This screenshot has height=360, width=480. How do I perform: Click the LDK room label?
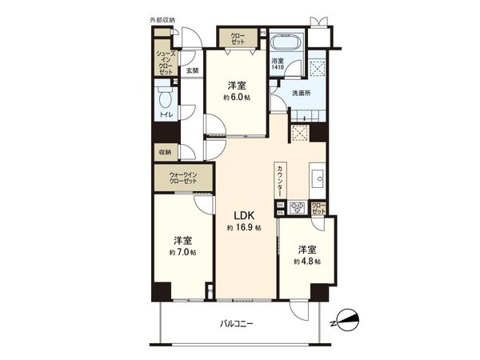[x=245, y=215]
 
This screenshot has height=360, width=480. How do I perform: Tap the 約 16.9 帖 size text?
[x=245, y=228]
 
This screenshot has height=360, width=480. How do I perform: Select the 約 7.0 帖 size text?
[x=183, y=252]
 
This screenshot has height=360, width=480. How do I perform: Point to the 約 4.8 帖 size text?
[x=306, y=261]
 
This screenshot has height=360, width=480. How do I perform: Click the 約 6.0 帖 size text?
[x=235, y=97]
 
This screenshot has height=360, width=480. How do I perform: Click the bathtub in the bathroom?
[x=285, y=43]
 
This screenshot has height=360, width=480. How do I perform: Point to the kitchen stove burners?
[x=298, y=207]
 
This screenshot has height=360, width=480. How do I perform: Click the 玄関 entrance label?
[x=193, y=70]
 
